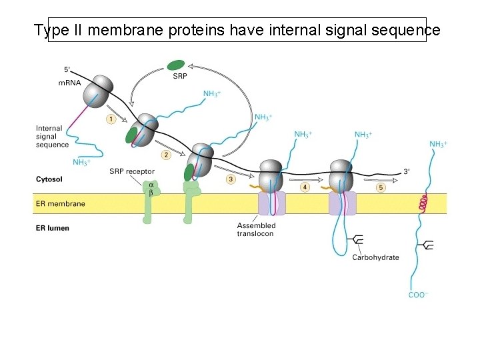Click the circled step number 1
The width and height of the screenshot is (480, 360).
pyautogui.click(x=111, y=119)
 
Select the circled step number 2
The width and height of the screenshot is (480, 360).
pyautogui.click(x=166, y=155)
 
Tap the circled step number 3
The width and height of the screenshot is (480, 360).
pyautogui.click(x=231, y=179)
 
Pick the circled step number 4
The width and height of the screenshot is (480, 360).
pyautogui.click(x=305, y=187)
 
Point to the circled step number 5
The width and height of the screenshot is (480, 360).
pyautogui.click(x=381, y=187)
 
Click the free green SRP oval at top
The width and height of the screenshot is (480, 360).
pyautogui.click(x=176, y=65)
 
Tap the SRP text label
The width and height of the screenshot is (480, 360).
pyautogui.click(x=179, y=77)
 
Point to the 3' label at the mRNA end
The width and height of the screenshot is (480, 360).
pyautogui.click(x=407, y=171)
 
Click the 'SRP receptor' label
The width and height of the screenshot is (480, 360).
pyautogui.click(x=132, y=172)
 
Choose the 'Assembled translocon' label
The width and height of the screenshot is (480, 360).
pyautogui.click(x=256, y=230)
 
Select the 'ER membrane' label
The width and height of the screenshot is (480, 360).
pyautogui.click(x=61, y=203)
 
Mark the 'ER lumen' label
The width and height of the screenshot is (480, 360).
pyautogui.click(x=53, y=228)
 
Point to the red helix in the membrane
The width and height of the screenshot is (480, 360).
pyautogui.click(x=422, y=203)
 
